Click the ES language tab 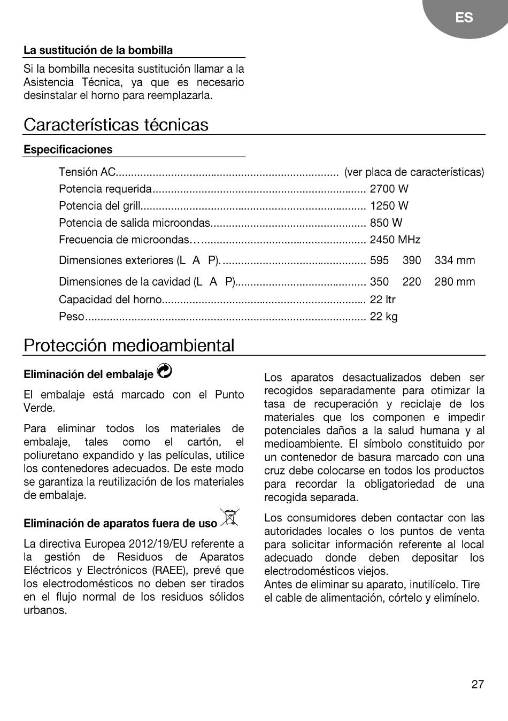[x=464, y=18]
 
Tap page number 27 [x=478, y=684]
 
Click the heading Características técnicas [x=116, y=125]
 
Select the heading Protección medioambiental [x=129, y=346]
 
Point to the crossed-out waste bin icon [x=230, y=518]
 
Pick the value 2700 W [x=389, y=189]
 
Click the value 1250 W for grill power [x=389, y=206]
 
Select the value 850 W [x=386, y=223]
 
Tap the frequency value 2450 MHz [x=395, y=240]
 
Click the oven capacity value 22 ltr [x=383, y=300]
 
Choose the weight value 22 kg [x=384, y=317]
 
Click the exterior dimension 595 [x=379, y=260]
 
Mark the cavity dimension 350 [x=379, y=282]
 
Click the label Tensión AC [x=87, y=172]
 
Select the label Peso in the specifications [x=72, y=317]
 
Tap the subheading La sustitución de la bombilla [x=98, y=51]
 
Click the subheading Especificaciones [x=68, y=150]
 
